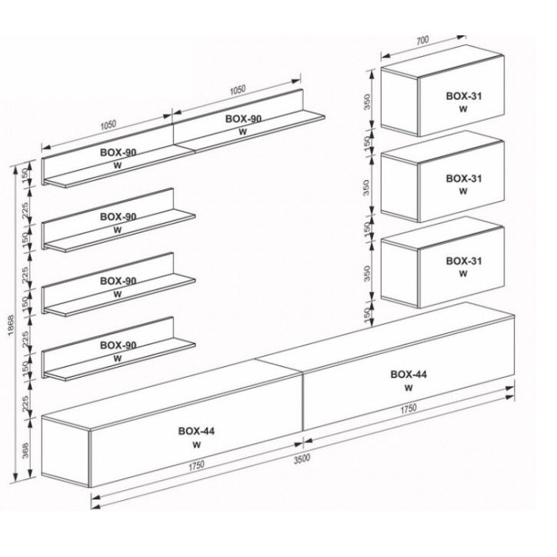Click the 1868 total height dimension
coord(11,325)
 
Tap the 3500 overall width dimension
coord(302,459)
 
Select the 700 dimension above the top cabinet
coord(422,41)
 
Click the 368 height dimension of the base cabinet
coord(25,450)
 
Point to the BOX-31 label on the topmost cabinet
coord(464,96)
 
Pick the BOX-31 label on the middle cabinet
coord(464,178)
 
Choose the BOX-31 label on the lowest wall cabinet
coord(464,261)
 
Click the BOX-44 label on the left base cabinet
coord(196,431)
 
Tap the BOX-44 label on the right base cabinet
coord(409,374)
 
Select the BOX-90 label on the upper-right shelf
coord(243,118)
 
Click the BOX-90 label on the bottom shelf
coord(118,345)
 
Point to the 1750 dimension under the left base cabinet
coord(196,465)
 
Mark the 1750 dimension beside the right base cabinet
coord(409,409)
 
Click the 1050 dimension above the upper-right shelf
coord(237,90)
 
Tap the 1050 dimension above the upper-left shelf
coord(108,125)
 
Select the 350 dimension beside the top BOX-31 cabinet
coord(367,102)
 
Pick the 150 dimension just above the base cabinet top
coord(367,313)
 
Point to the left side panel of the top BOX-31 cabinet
coord(399,102)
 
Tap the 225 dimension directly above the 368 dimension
coord(25,404)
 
